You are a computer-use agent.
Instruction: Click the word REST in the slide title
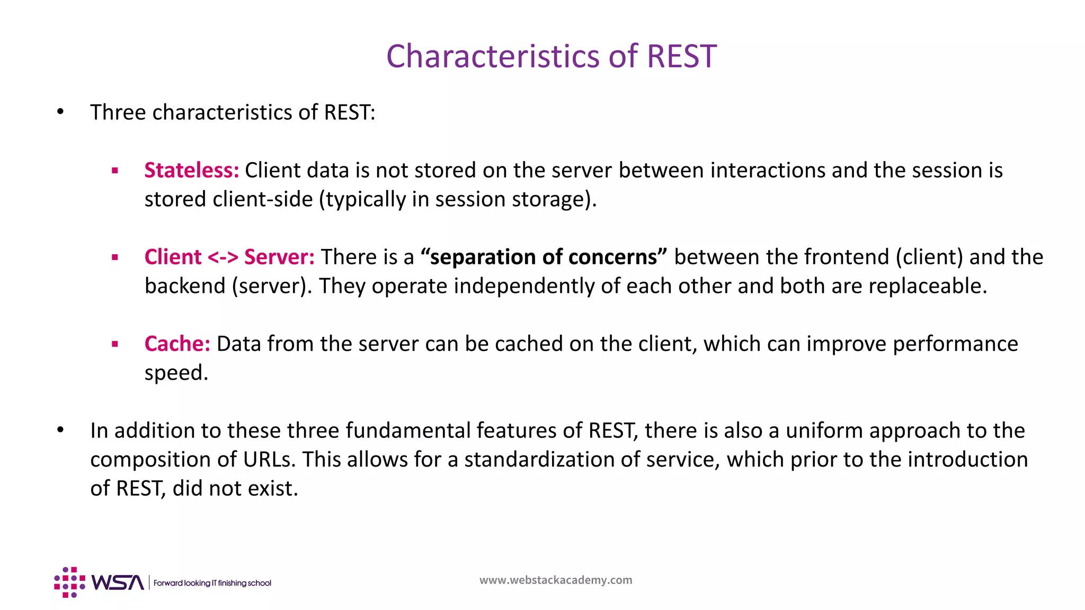pos(681,56)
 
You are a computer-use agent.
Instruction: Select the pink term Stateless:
pos(192,171)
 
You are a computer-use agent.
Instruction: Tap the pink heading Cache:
pos(177,344)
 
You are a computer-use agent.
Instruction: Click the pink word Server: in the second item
pos(279,257)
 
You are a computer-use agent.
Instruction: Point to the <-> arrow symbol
pos(223,258)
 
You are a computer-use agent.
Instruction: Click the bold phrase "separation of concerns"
pos(544,257)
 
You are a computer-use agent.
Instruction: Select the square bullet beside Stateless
pos(115,171)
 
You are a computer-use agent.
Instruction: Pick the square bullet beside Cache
pos(115,345)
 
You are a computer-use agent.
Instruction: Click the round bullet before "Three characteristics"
pos(60,112)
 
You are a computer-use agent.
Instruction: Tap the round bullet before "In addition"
pos(60,430)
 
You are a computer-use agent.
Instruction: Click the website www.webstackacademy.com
pos(556,580)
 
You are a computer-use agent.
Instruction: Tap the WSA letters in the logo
pos(118,582)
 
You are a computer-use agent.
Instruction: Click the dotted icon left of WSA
pos(69,582)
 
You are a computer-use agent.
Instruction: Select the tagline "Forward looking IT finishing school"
pos(212,583)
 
